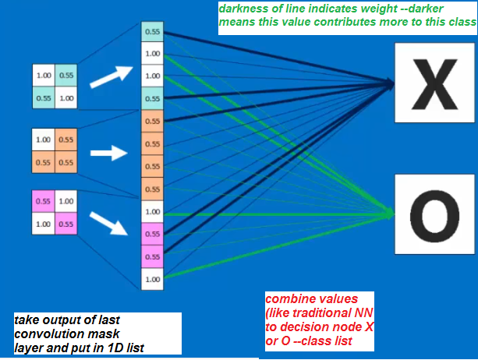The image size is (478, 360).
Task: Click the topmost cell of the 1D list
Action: coord(152,32)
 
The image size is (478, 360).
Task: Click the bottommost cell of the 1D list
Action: coord(152,278)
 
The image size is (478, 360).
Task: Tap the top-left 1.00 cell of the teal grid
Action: coord(43,76)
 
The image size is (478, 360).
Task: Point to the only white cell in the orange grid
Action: coord(43,140)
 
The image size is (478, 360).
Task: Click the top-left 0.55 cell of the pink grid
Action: coord(43,201)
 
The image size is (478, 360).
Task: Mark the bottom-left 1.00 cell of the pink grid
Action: coord(43,224)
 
